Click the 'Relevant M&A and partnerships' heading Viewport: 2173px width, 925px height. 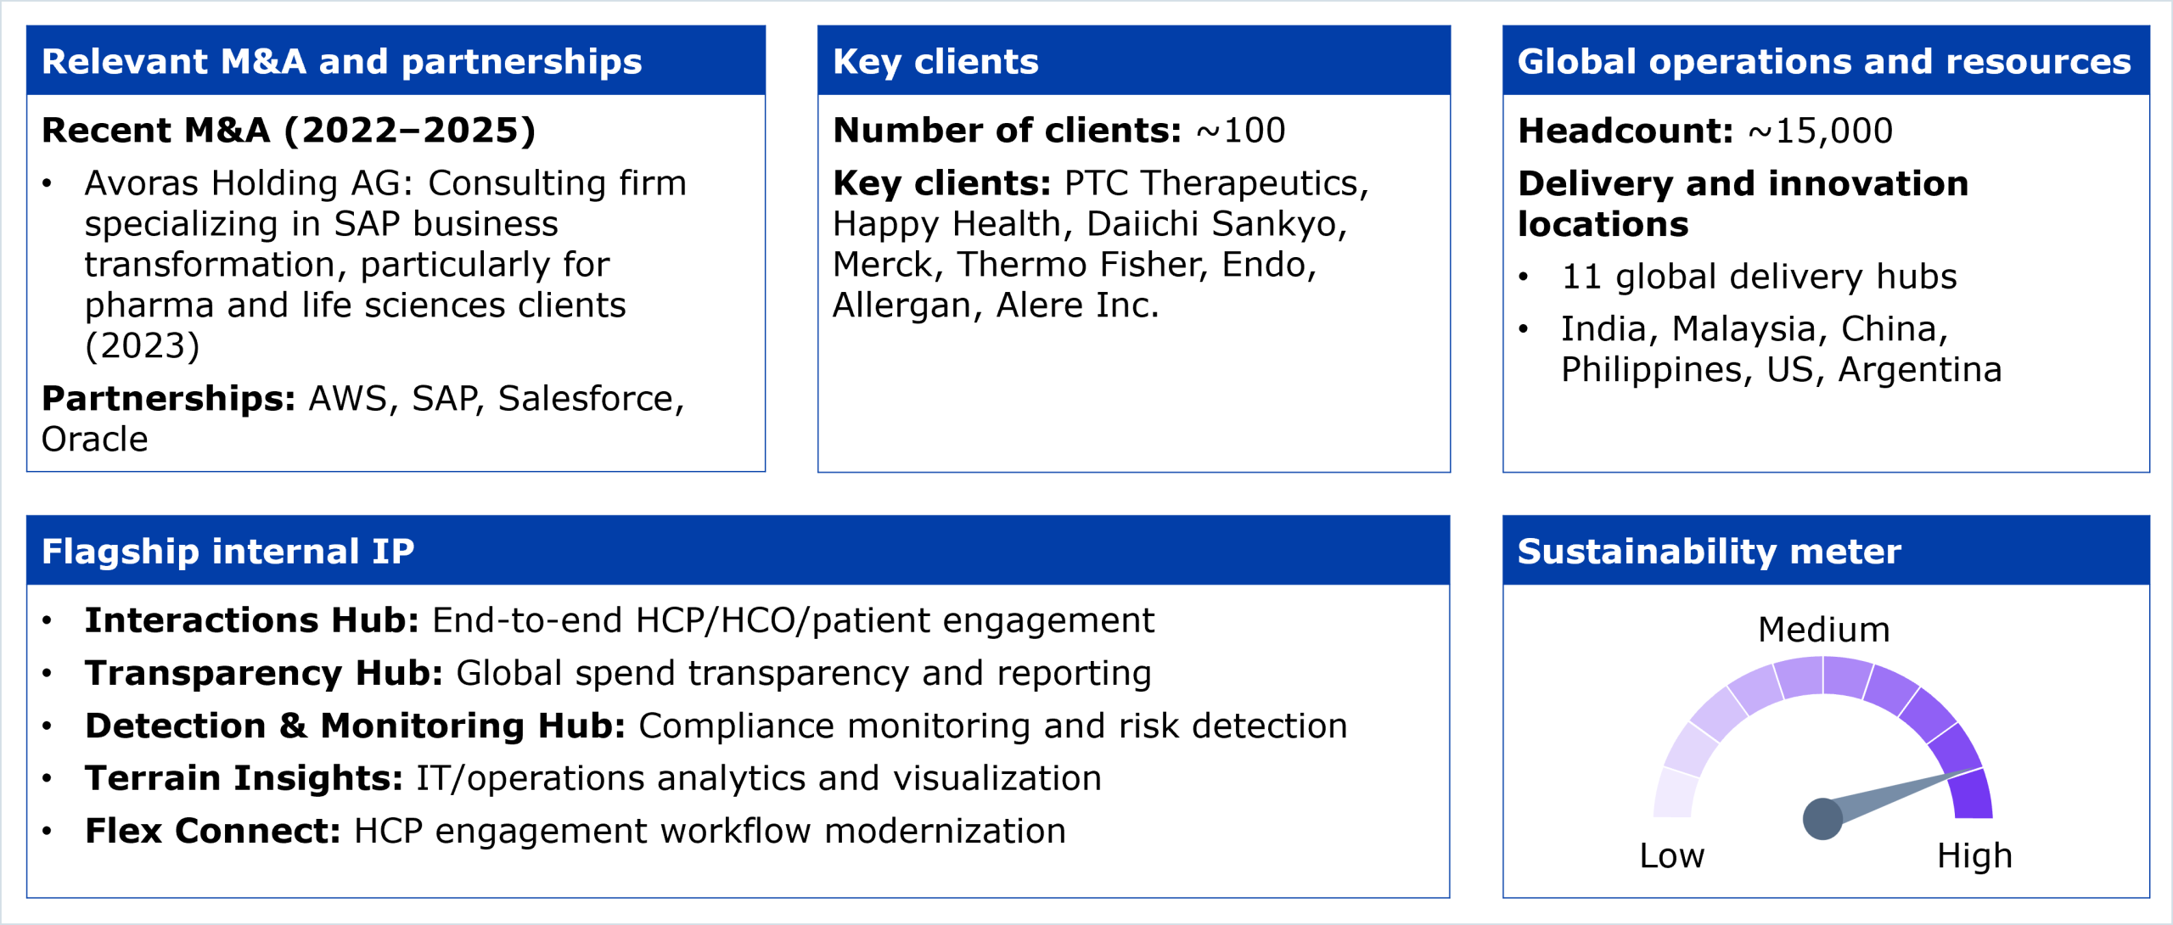tap(342, 62)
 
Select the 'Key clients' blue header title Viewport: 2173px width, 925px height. tap(935, 62)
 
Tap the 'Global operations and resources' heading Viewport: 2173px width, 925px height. tap(1824, 62)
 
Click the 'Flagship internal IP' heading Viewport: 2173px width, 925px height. tap(228, 552)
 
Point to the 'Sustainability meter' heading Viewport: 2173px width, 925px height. tap(1709, 552)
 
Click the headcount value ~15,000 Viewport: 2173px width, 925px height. tap(1821, 131)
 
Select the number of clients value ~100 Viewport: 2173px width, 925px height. tap(1241, 131)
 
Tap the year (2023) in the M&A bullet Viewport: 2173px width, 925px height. tap(143, 346)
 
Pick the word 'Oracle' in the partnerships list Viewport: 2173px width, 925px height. tap(95, 440)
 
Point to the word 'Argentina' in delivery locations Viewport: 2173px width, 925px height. tap(1920, 370)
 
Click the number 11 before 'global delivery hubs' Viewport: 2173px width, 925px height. tap(1582, 277)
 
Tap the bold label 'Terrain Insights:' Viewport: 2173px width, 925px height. tap(244, 778)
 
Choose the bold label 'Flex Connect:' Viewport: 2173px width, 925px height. tap(213, 831)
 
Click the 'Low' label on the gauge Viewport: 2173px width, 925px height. tap(1671, 855)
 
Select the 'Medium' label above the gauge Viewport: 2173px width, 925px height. tap(1823, 630)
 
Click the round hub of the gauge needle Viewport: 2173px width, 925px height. tap(1822, 819)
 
